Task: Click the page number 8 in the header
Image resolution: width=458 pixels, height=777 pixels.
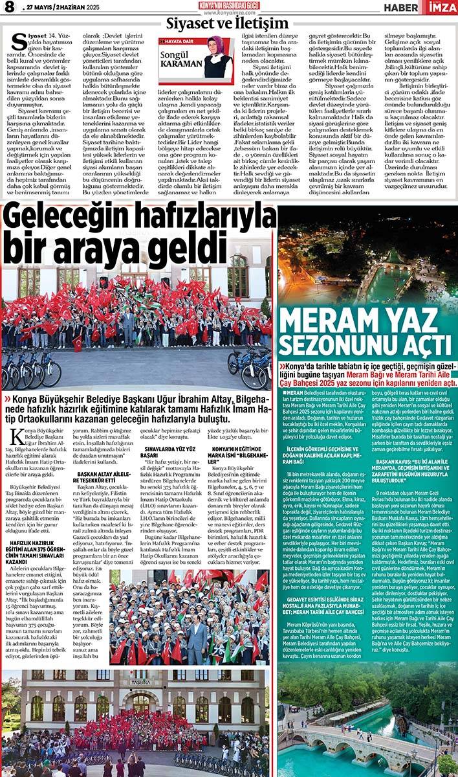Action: (x=9, y=8)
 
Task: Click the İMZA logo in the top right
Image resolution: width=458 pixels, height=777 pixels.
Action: (x=442, y=7)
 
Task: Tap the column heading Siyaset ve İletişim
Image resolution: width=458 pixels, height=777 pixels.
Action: (x=227, y=24)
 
